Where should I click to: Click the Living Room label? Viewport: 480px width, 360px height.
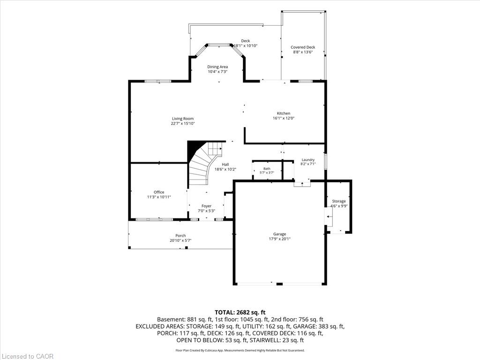183,119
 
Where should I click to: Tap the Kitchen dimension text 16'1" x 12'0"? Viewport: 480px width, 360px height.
284,118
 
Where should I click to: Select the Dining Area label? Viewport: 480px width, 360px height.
217,67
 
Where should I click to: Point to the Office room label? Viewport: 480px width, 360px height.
159,192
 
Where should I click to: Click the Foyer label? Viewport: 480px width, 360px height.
206,206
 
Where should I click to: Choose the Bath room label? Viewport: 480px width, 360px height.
267,169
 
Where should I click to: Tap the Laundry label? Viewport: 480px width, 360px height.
308,160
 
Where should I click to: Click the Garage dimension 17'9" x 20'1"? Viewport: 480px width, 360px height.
279,239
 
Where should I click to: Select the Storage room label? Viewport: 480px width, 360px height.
339,201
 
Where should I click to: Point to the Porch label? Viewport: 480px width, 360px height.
180,236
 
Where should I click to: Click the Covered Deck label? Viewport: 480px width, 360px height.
303,47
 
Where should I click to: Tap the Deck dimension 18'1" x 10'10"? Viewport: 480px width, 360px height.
246,45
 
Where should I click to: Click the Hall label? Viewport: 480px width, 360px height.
225,165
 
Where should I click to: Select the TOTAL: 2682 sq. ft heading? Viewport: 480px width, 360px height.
240,313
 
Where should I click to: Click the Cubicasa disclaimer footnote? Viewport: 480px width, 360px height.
240,351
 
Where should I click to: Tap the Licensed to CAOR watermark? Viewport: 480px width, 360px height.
27,356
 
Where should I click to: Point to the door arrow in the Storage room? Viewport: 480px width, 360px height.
330,217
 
